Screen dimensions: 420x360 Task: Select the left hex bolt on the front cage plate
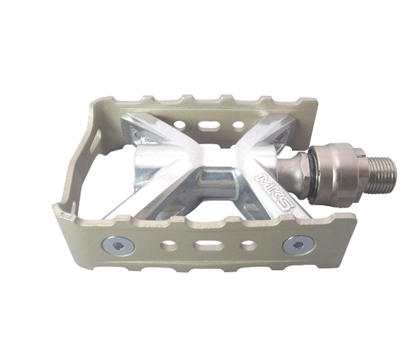[x=118, y=245]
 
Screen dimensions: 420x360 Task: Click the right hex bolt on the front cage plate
[x=299, y=245]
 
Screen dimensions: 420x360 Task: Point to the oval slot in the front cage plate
[x=209, y=245]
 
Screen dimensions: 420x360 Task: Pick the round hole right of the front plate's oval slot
[x=247, y=245]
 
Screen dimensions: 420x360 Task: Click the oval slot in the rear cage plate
[x=209, y=125]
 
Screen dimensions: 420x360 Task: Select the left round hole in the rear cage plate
[x=180, y=124]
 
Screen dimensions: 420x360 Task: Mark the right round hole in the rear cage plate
[x=238, y=125]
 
